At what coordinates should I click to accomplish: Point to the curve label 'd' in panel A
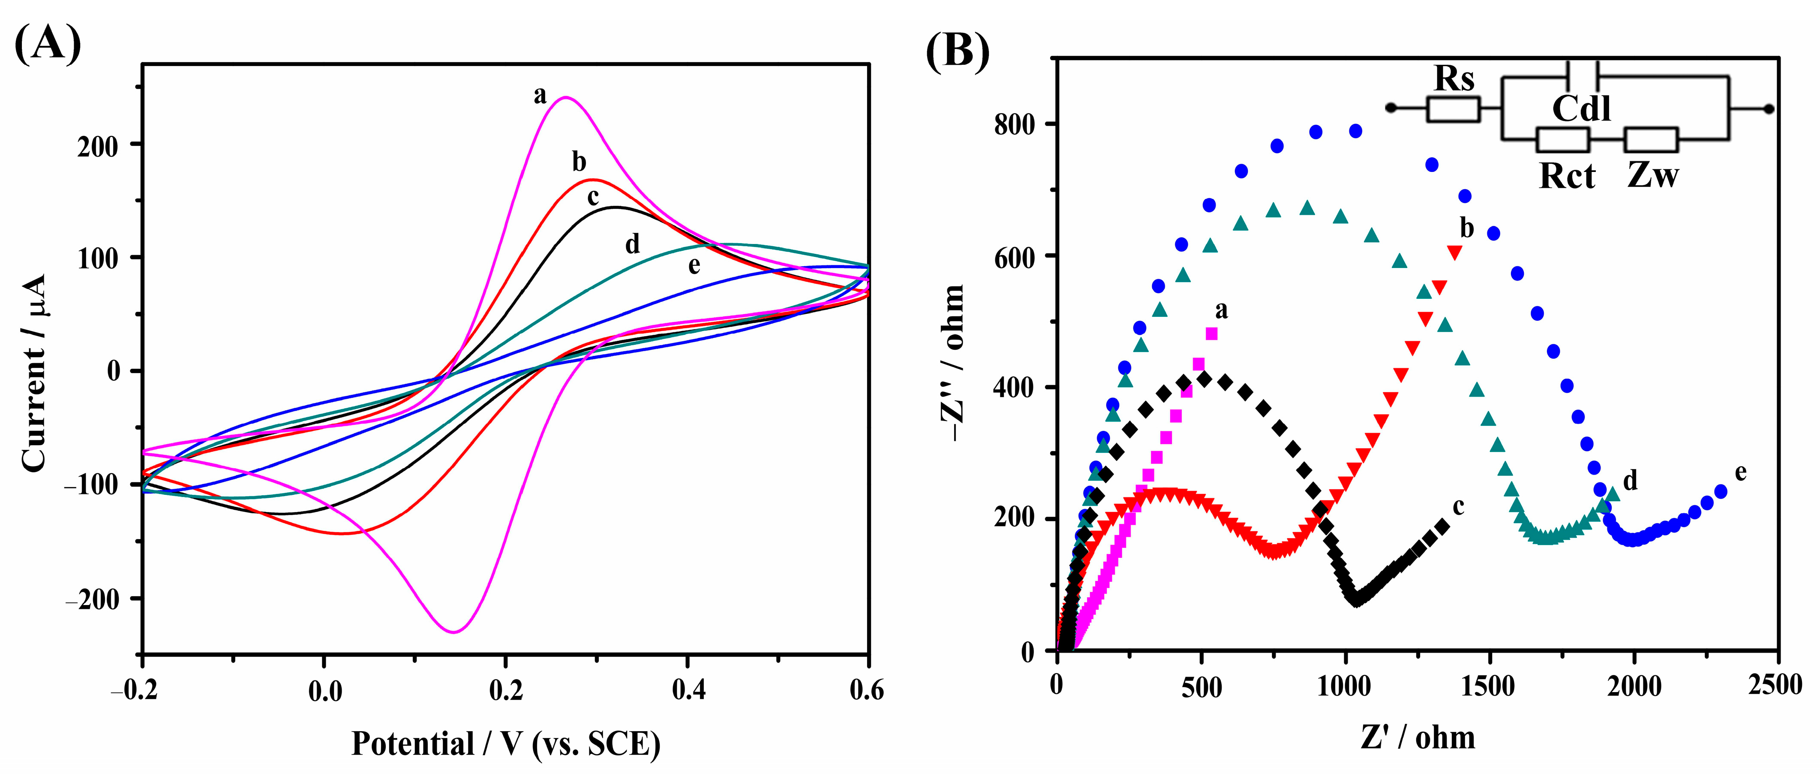click(x=632, y=244)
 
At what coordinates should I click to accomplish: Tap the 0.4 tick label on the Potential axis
click(x=688, y=689)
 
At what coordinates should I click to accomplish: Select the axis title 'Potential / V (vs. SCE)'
click(x=506, y=744)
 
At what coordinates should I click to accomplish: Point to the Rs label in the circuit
click(x=1454, y=78)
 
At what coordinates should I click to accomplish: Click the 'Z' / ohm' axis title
click(x=1417, y=738)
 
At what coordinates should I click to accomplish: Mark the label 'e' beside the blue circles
click(x=1740, y=472)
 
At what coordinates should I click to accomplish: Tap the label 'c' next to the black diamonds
click(x=1458, y=506)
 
